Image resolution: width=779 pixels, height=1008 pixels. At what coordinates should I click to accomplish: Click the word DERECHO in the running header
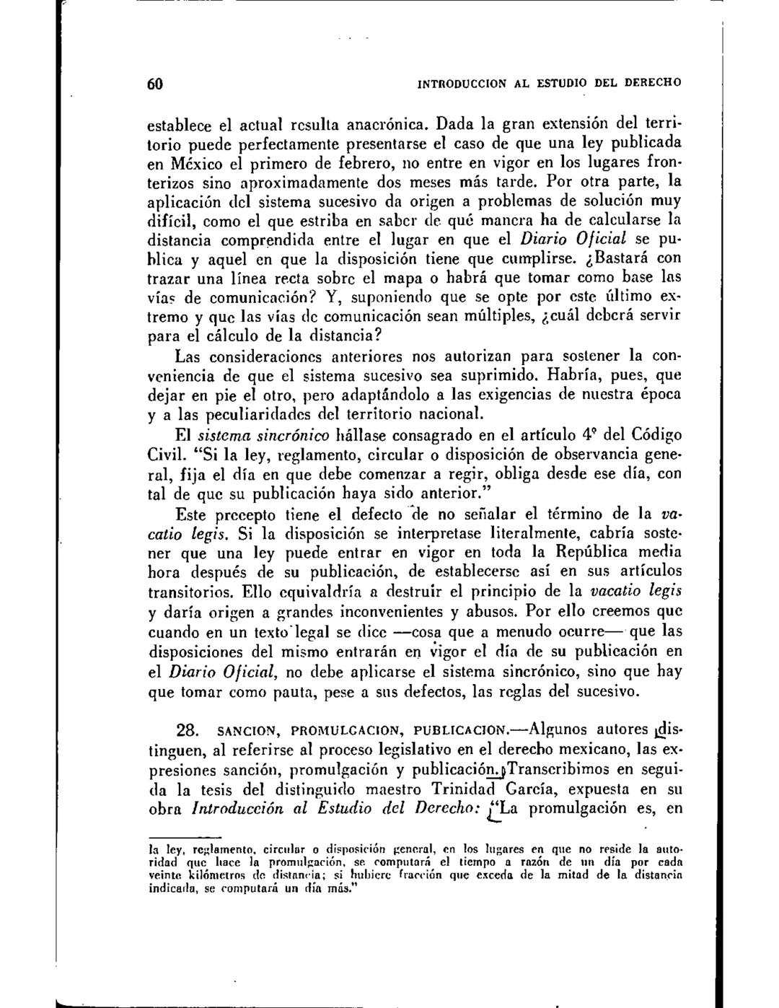pyautogui.click(x=648, y=82)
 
